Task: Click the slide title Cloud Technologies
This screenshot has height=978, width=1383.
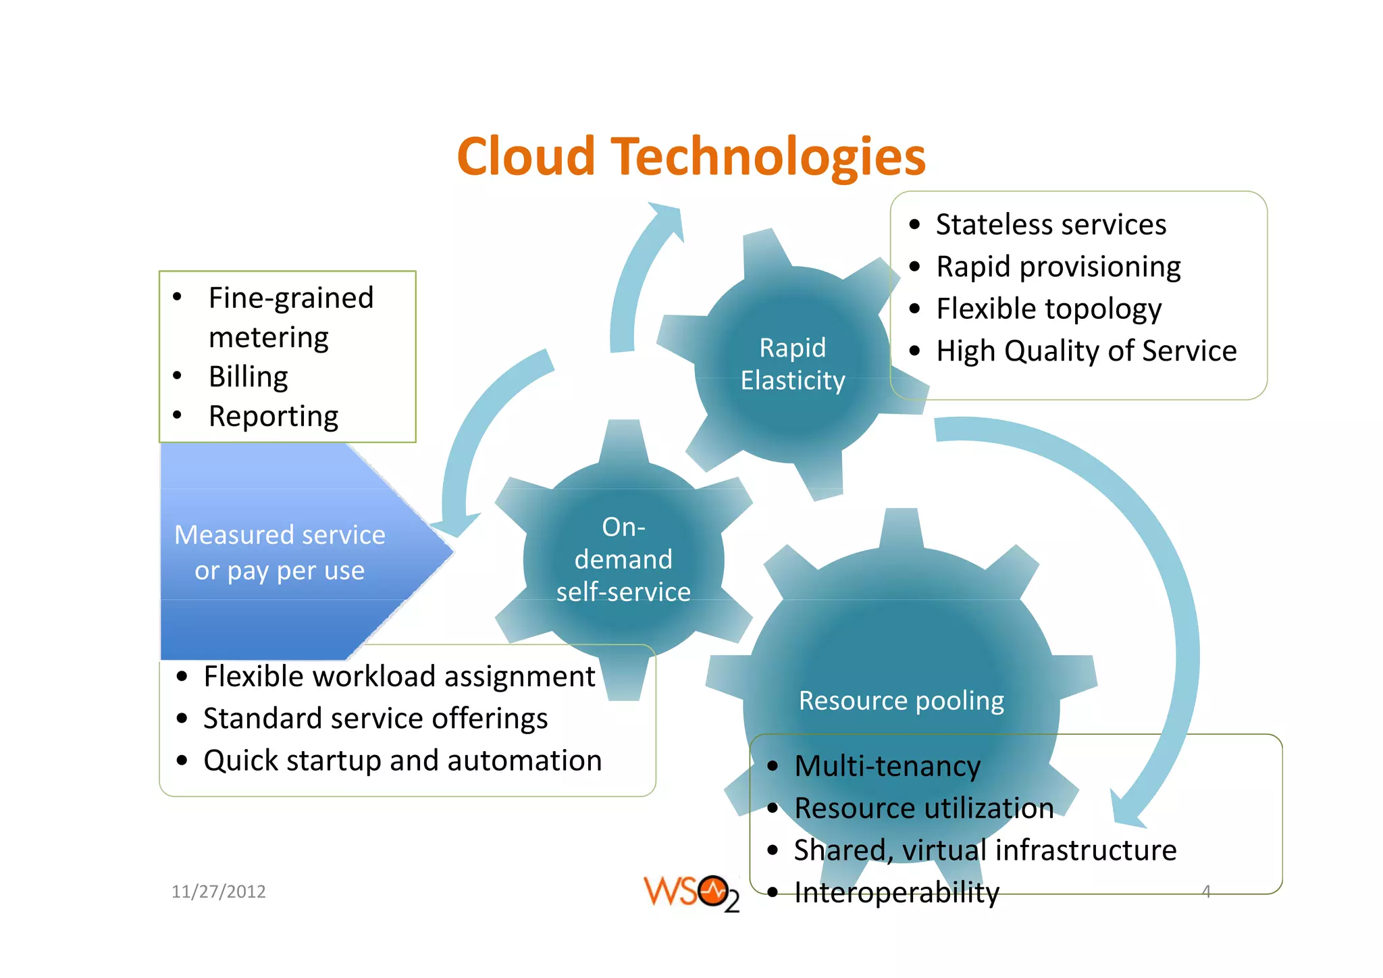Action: (x=691, y=157)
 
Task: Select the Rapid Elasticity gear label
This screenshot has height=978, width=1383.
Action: (x=792, y=364)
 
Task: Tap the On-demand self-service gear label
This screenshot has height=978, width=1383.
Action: (x=623, y=559)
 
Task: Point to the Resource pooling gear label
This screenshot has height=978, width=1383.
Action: (x=901, y=700)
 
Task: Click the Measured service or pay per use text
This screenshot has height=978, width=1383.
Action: (x=280, y=552)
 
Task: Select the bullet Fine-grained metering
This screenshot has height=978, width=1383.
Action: (x=290, y=317)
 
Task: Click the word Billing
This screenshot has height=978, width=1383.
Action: (x=248, y=377)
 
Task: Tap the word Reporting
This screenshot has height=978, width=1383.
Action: (x=273, y=416)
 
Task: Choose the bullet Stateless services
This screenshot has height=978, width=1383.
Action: (x=1050, y=224)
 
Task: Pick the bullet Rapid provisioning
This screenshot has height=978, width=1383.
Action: (x=1058, y=267)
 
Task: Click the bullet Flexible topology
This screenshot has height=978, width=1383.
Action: (x=1048, y=309)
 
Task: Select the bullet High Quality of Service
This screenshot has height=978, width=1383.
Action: (x=1086, y=351)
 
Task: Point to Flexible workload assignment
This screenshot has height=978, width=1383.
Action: (x=399, y=676)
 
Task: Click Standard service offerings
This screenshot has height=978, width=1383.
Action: (x=375, y=718)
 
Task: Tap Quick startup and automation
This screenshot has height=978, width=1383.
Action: (x=402, y=761)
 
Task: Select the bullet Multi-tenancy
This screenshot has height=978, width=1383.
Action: (x=887, y=766)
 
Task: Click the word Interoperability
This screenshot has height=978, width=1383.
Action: (x=896, y=892)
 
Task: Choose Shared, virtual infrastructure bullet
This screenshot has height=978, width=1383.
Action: (x=985, y=850)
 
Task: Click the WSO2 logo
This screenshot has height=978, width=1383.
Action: (x=691, y=893)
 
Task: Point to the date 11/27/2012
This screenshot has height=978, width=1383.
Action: (x=218, y=892)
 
